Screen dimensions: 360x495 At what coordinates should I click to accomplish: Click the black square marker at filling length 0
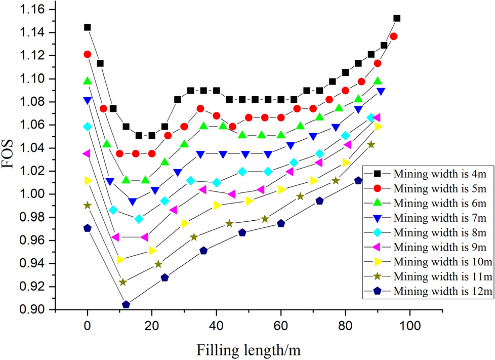coord(88,27)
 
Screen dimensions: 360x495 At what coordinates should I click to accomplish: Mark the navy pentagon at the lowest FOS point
coord(126,304)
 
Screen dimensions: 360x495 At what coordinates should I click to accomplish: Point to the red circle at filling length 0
coord(88,54)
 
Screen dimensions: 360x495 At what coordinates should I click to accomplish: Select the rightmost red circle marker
coord(394,36)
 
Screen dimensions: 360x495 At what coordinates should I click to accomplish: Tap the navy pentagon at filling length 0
coord(88,228)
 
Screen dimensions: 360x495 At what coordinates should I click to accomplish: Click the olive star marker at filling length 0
coord(88,206)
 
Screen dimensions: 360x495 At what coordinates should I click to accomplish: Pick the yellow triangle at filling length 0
coord(88,181)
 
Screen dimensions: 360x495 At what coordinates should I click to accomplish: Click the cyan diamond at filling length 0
coord(88,127)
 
